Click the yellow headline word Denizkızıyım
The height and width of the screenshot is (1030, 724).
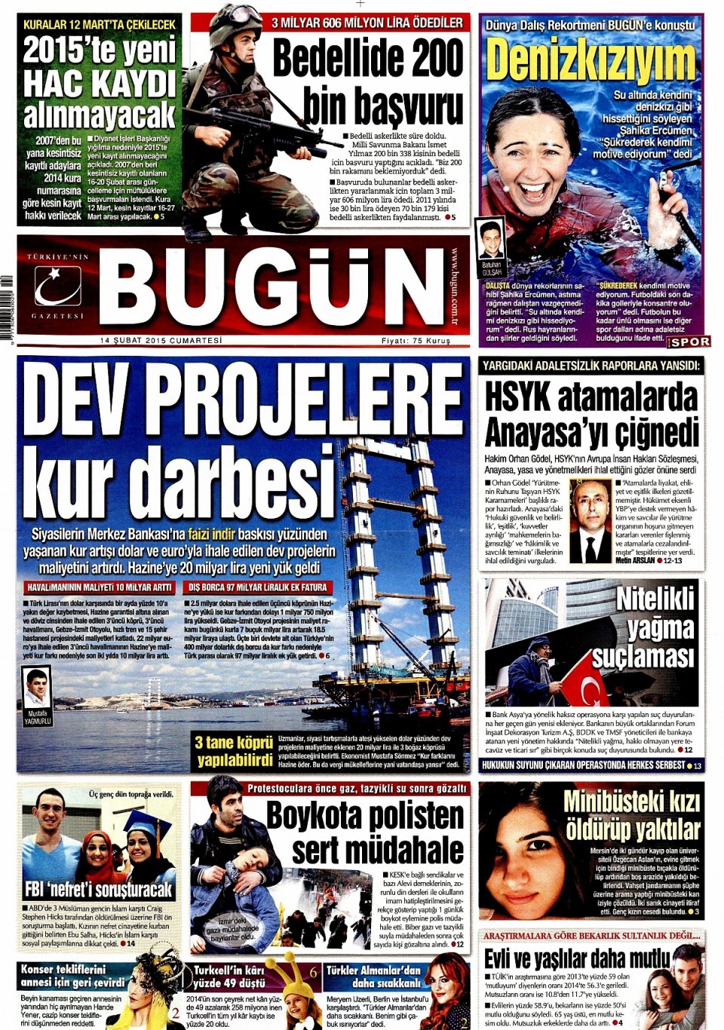tap(591, 60)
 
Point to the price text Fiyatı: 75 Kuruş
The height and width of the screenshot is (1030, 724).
tap(416, 341)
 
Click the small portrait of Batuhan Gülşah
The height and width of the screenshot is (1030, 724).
tap(491, 241)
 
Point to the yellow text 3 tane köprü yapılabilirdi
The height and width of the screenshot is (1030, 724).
tap(233, 750)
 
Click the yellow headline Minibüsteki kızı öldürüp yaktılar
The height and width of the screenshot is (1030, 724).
tap(631, 815)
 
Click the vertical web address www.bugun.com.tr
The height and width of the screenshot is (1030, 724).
tap(455, 287)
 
